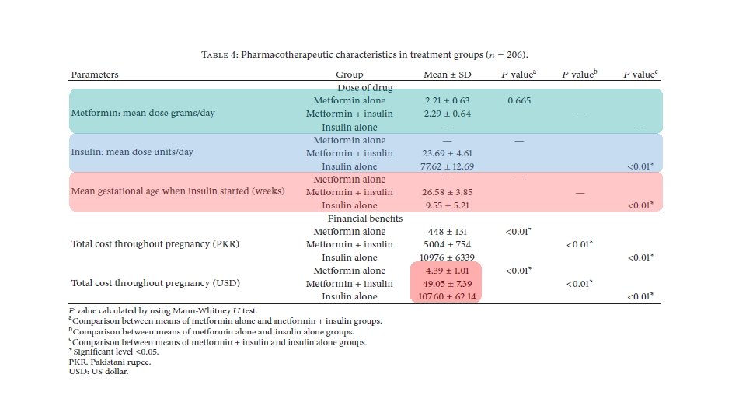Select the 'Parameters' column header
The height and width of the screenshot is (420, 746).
click(x=95, y=75)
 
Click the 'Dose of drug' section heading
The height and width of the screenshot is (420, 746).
click(x=364, y=88)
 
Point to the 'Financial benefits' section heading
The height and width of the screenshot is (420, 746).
click(x=364, y=219)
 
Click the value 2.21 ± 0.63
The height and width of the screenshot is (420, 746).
click(x=448, y=101)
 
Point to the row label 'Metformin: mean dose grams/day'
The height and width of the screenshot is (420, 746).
click(x=143, y=113)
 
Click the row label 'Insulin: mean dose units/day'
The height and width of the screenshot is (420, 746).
click(x=132, y=152)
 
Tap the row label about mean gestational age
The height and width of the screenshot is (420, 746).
click(x=178, y=191)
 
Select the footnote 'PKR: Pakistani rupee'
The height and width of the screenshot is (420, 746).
click(x=110, y=362)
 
